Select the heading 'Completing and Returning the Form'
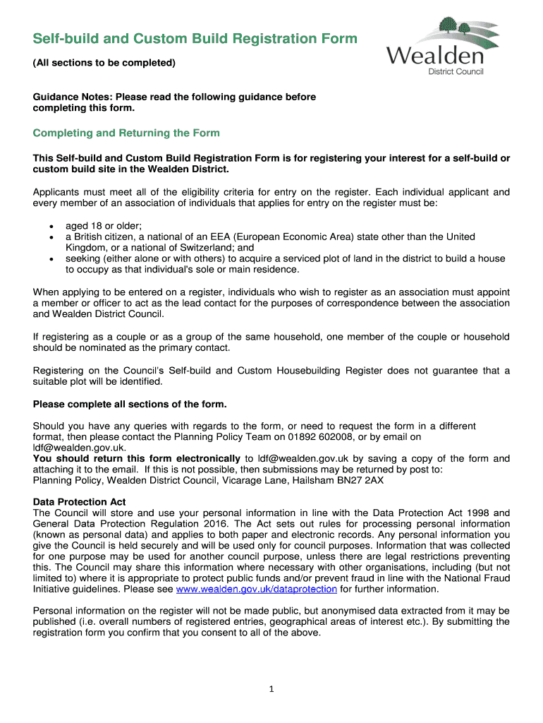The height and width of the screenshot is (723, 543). coord(127,133)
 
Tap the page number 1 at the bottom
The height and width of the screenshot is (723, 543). coord(271,690)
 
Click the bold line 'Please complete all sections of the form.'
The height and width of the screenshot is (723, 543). coord(130,404)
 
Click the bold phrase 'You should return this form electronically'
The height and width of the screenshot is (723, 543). coord(137,459)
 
